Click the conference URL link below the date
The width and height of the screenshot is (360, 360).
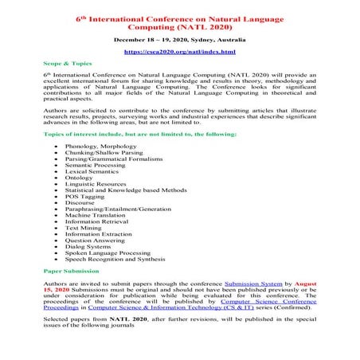tap(179, 52)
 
